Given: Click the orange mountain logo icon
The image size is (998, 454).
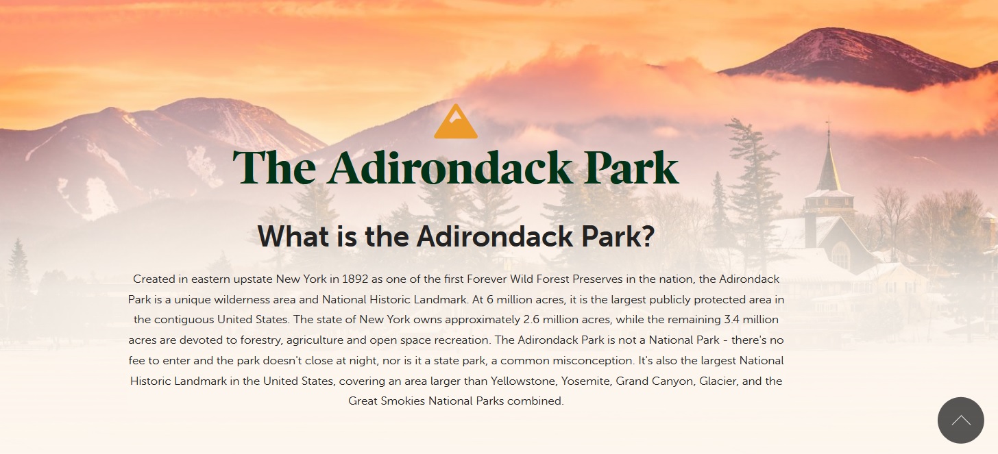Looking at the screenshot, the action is (x=456, y=122).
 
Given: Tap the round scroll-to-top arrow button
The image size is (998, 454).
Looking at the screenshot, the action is (x=960, y=420).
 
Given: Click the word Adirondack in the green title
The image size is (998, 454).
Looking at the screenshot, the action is (x=450, y=168).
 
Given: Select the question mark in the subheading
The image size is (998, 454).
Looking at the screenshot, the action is (x=648, y=236).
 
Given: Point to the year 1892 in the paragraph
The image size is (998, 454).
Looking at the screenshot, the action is (x=355, y=279).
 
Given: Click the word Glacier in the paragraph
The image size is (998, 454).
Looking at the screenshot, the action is (x=718, y=381).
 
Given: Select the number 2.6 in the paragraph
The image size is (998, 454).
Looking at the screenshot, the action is (x=531, y=320).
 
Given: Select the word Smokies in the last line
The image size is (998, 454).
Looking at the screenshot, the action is (x=403, y=401).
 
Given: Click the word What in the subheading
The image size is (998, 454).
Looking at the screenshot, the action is (x=294, y=236).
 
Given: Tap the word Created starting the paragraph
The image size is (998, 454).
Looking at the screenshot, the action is (x=154, y=279).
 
